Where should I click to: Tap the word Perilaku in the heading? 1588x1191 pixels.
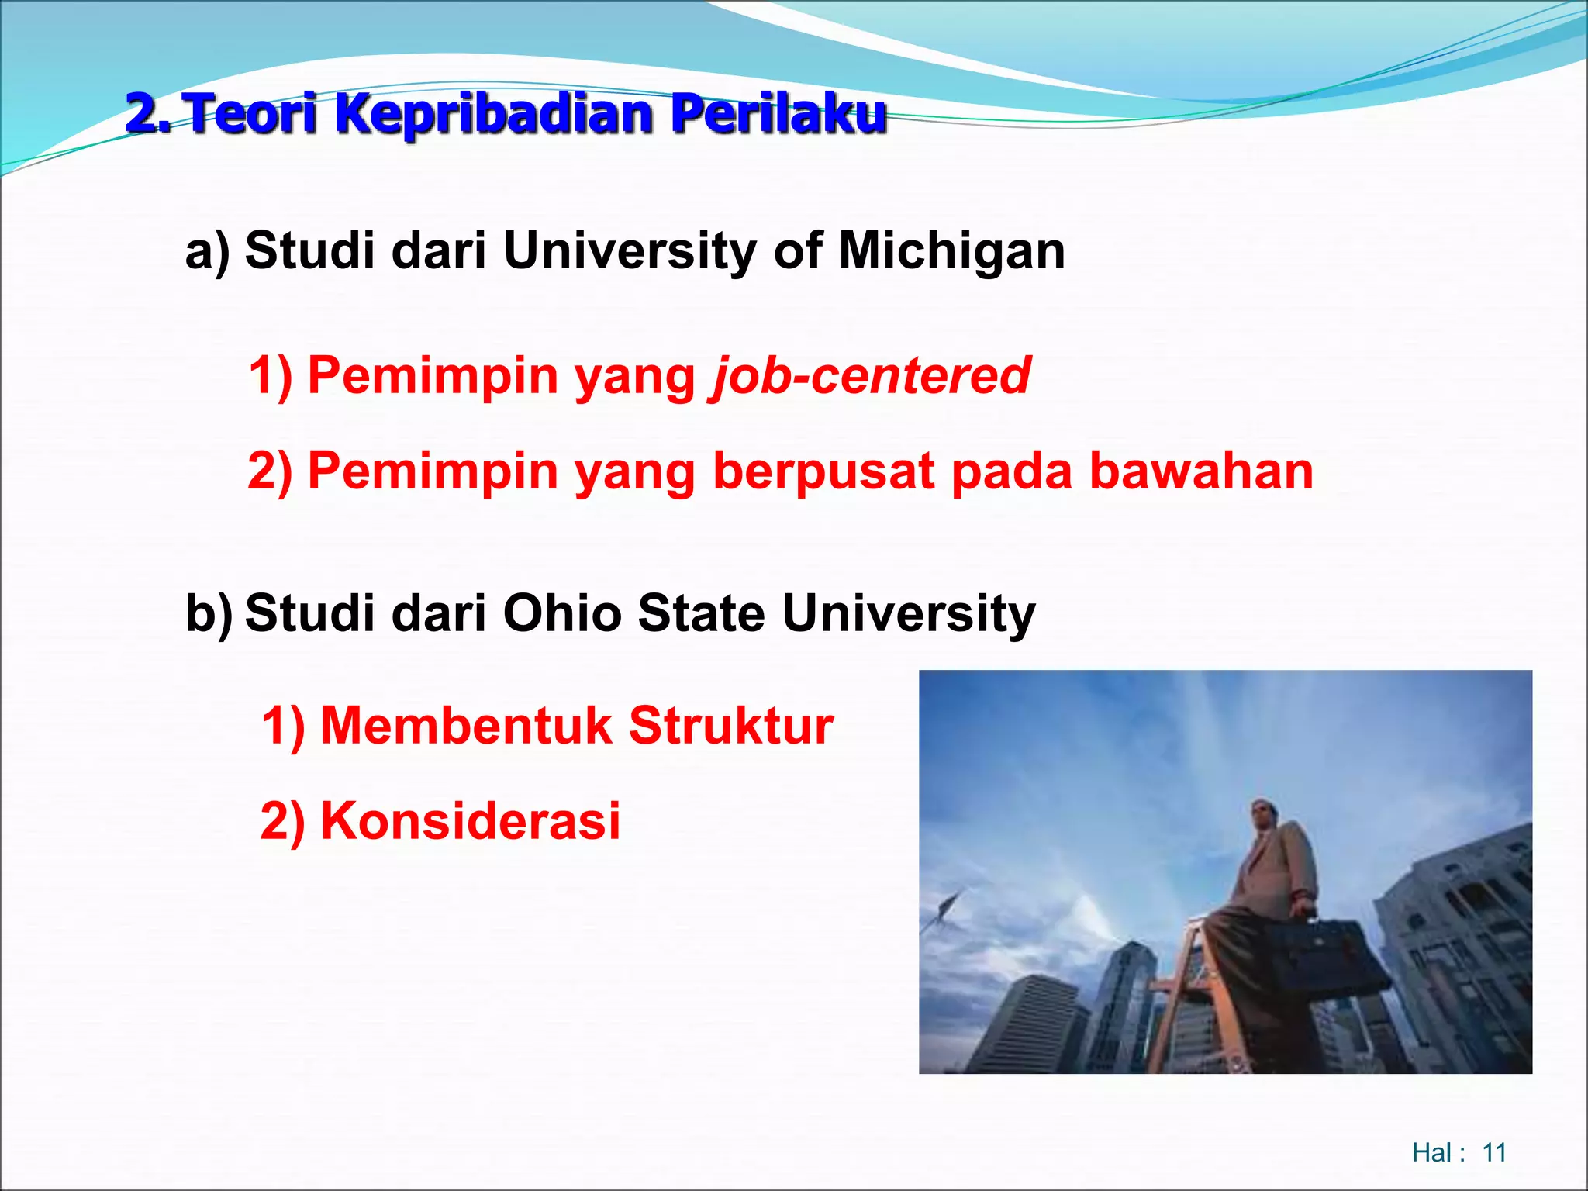(778, 115)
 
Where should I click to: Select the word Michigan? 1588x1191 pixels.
(951, 251)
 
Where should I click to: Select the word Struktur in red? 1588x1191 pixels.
(730, 727)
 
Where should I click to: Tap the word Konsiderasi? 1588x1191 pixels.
(470, 821)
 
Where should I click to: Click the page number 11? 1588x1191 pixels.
(1493, 1152)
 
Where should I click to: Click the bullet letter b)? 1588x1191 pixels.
(209, 613)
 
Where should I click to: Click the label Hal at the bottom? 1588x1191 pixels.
(1431, 1152)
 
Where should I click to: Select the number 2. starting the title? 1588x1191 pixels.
(149, 115)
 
